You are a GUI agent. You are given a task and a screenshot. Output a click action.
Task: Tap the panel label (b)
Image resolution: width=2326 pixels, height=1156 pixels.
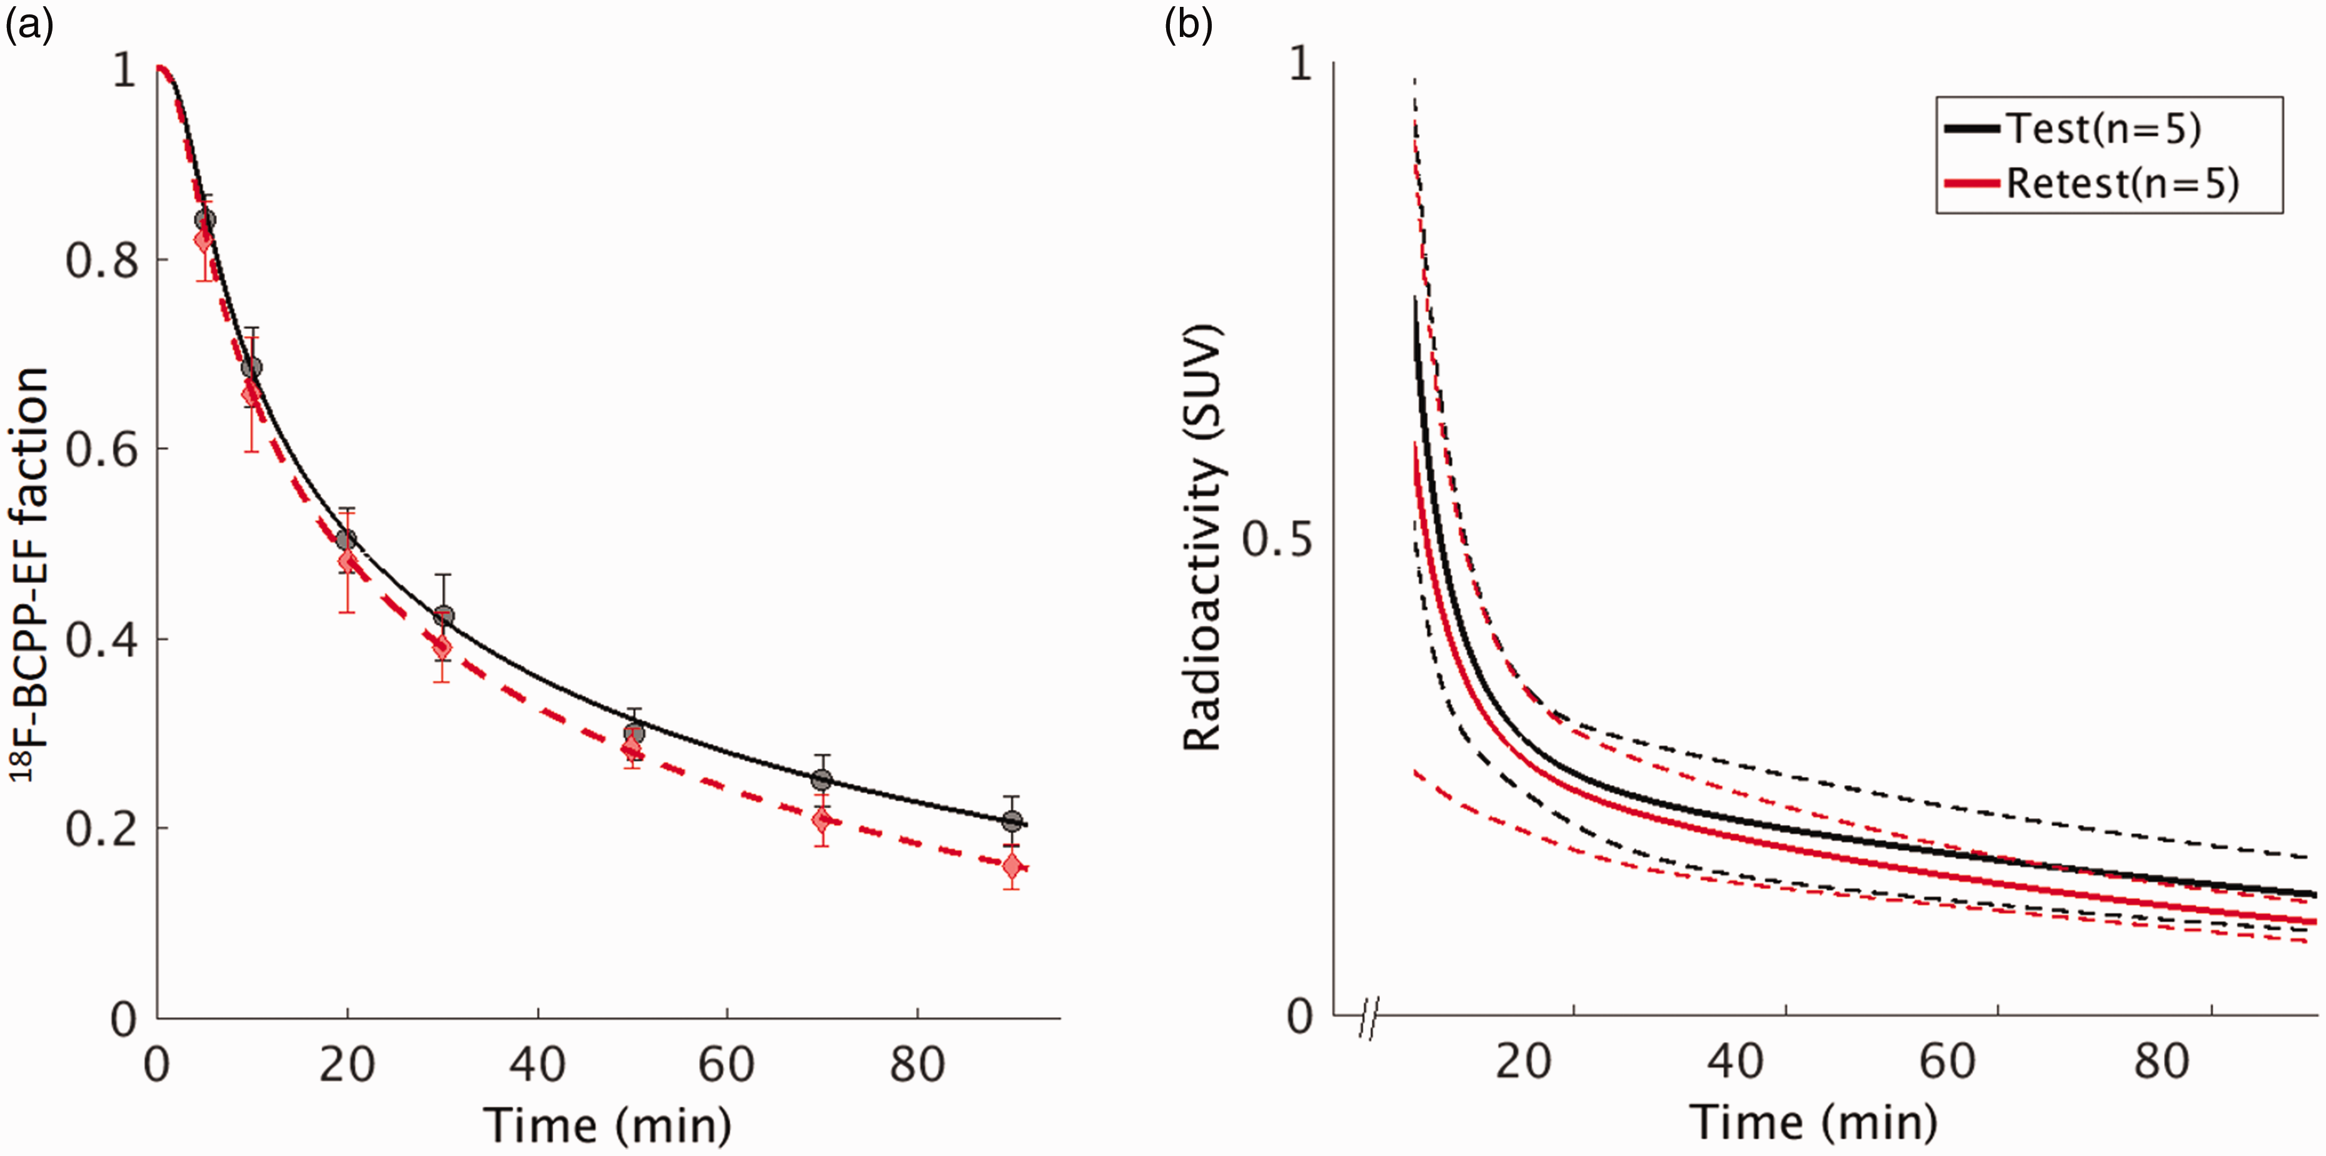tap(1188, 26)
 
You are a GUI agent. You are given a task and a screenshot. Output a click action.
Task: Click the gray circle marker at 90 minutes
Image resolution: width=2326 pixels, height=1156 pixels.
tap(1012, 821)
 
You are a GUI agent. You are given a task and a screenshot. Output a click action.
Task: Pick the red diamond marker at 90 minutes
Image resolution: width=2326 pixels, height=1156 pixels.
tap(1012, 867)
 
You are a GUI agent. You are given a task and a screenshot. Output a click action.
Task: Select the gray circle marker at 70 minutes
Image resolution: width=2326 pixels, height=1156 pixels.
tap(821, 779)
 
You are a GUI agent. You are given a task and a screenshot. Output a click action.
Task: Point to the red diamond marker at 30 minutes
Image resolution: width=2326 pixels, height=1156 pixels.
tap(441, 647)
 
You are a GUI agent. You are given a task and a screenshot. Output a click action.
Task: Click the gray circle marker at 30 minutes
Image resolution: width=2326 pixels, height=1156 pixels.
tap(443, 617)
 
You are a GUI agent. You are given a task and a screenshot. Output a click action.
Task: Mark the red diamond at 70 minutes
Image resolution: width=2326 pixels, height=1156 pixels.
tap(821, 821)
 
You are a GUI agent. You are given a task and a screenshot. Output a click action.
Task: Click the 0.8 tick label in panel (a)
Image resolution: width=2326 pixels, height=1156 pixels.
tap(102, 260)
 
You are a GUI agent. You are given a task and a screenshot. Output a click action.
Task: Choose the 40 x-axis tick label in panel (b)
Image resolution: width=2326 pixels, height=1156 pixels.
tap(1736, 1061)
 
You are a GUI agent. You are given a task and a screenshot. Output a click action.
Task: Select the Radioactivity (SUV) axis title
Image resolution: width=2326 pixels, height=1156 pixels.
tap(1203, 540)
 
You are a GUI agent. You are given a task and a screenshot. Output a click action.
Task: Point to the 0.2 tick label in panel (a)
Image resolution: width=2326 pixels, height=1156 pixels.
tap(102, 829)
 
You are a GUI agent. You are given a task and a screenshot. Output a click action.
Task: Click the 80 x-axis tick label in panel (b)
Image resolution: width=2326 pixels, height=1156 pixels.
tap(2162, 1061)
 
